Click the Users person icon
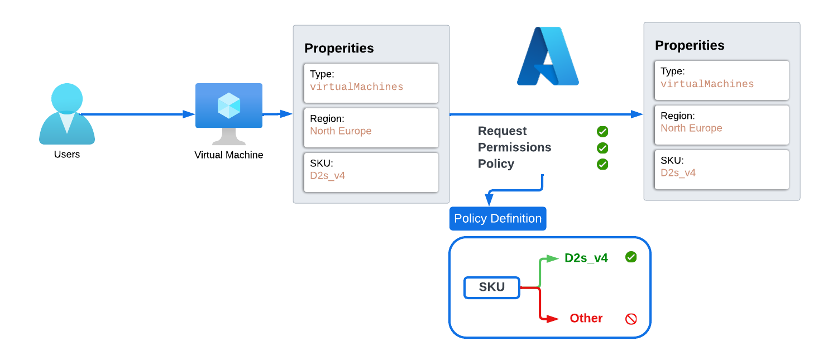click(67, 114)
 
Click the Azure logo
click(548, 56)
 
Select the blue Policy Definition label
click(497, 219)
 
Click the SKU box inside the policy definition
click(492, 287)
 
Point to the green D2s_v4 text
click(586, 258)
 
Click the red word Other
click(586, 318)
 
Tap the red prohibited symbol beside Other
click(631, 319)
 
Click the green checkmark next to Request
click(602, 132)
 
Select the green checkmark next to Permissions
click(602, 148)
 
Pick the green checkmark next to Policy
click(602, 164)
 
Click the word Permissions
click(514, 147)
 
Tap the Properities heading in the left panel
click(339, 48)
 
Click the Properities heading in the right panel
click(690, 45)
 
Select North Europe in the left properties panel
click(341, 131)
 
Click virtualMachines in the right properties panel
click(707, 84)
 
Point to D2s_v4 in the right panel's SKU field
click(678, 172)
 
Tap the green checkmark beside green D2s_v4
click(631, 257)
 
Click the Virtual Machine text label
click(229, 155)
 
